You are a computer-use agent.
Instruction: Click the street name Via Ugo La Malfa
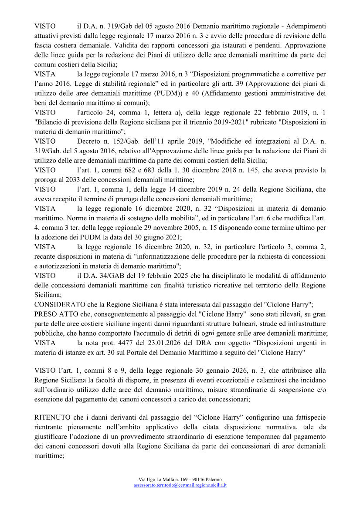click(155, 479)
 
